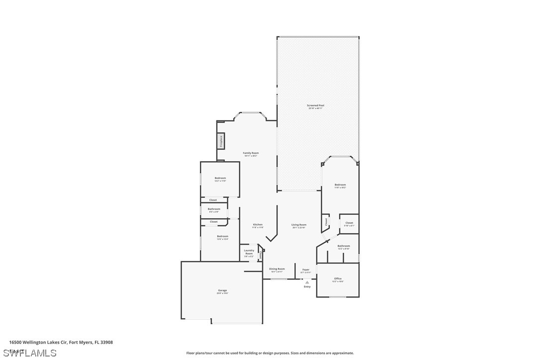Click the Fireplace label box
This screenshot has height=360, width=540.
pyautogui.click(x=221, y=141)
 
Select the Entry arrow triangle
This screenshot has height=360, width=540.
pyautogui.click(x=307, y=282)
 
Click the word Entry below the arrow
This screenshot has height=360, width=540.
pyautogui.click(x=307, y=286)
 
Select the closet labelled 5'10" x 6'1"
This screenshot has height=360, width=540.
pyautogui.click(x=349, y=224)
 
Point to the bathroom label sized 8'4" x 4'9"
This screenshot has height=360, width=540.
pyautogui.click(x=214, y=210)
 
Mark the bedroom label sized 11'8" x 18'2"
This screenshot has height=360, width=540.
pyautogui.click(x=340, y=185)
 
